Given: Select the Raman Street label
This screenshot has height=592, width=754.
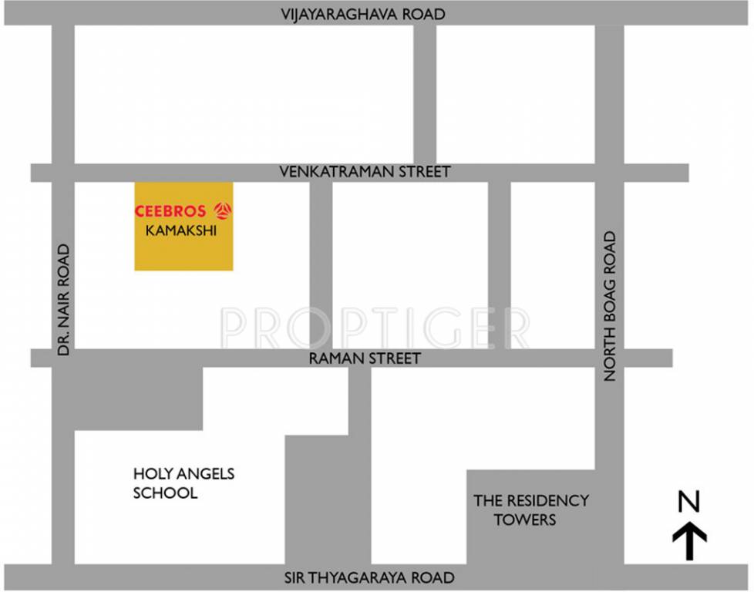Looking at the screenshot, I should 365,358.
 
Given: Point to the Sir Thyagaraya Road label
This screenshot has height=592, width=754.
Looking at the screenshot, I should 369,577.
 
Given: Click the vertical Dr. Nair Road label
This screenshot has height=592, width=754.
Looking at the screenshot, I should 63,300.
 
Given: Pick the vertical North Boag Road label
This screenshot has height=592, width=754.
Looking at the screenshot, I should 611,306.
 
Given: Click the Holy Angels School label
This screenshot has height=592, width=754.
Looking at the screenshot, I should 183,483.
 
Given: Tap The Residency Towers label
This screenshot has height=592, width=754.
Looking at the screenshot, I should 530,510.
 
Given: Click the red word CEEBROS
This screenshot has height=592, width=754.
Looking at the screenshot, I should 170,210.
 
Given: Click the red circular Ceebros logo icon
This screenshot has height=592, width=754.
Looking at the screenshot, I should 223,210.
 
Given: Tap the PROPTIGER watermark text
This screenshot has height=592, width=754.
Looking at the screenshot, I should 375,328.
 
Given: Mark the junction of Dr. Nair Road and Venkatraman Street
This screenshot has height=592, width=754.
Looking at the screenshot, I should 62,172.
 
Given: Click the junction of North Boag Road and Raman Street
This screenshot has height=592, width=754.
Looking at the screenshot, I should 609,358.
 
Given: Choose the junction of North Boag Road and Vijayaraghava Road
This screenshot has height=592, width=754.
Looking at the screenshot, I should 609,15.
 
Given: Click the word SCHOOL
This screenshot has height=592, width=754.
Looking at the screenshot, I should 165,493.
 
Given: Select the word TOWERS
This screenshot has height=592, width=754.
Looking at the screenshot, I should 524,520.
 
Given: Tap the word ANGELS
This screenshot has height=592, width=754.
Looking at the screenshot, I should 205,473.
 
